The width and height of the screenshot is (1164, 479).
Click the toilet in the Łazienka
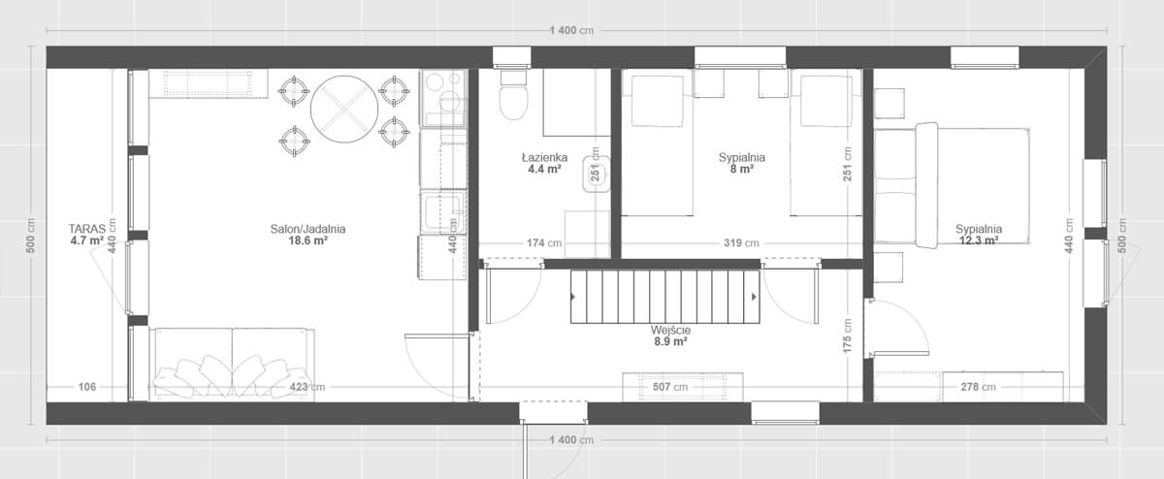click(513, 95)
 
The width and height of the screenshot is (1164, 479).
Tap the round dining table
click(344, 110)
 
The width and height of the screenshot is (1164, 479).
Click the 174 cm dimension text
click(544, 242)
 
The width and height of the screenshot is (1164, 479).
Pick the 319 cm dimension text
click(741, 242)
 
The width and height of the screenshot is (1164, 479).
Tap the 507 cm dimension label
click(670, 387)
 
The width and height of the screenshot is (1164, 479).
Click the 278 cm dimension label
click(979, 387)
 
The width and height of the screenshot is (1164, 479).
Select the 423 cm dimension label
click(307, 387)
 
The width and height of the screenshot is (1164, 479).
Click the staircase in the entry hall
click(665, 297)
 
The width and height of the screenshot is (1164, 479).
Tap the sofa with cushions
click(232, 365)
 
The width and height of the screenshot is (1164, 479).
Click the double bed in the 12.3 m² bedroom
click(952, 185)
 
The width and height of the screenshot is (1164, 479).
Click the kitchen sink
click(442, 212)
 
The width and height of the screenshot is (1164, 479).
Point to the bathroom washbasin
click(596, 174)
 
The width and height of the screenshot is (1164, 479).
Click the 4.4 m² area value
click(544, 169)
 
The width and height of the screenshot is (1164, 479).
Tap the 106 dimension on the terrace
click(86, 387)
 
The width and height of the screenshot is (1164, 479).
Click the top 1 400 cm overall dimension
click(571, 31)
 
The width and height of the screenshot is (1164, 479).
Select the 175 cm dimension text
click(848, 336)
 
